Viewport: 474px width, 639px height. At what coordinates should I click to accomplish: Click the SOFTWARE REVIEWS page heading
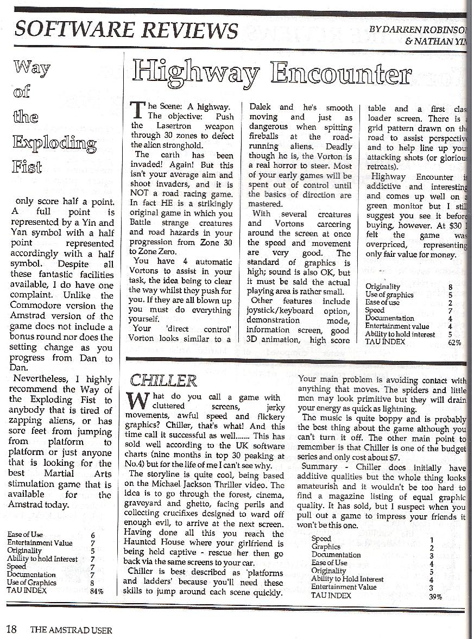[x=126, y=29]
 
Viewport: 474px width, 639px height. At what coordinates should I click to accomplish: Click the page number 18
[x=12, y=630]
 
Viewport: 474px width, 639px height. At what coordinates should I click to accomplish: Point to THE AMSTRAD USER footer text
[x=71, y=630]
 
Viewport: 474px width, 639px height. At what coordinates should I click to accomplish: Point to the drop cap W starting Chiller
[x=136, y=402]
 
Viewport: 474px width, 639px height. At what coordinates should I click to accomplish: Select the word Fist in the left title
[x=30, y=166]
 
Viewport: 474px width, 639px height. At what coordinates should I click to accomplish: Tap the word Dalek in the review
[x=263, y=107]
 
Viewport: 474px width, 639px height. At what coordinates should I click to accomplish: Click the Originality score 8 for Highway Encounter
[x=450, y=286]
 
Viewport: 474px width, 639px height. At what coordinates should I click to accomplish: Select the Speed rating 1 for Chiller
[x=431, y=539]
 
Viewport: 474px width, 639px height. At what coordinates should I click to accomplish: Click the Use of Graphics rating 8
[x=93, y=583]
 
